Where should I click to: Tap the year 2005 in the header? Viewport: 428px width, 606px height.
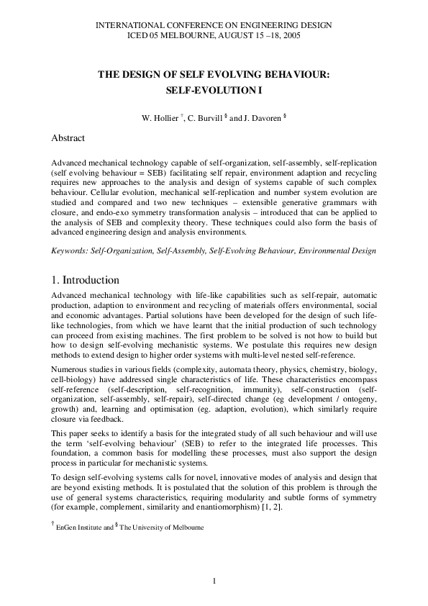click(x=291, y=35)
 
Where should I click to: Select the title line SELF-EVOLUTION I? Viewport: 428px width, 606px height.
click(x=213, y=92)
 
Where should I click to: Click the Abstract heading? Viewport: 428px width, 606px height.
click(x=68, y=137)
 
